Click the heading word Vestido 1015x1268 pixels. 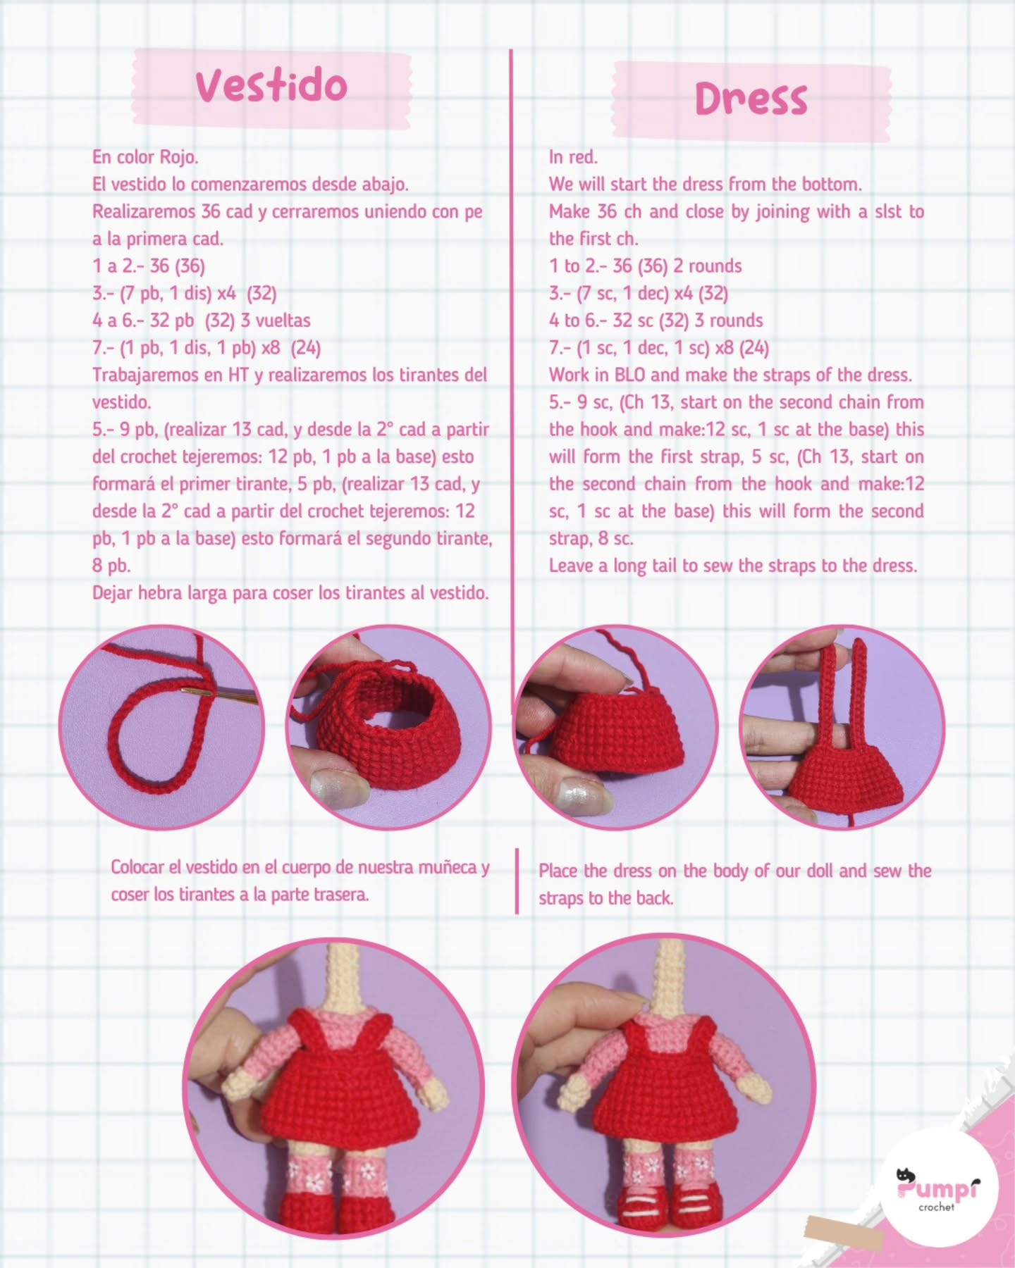[271, 86]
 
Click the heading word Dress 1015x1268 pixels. [751, 99]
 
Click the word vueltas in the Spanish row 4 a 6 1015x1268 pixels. [283, 321]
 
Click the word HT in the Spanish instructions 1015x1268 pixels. [238, 375]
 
